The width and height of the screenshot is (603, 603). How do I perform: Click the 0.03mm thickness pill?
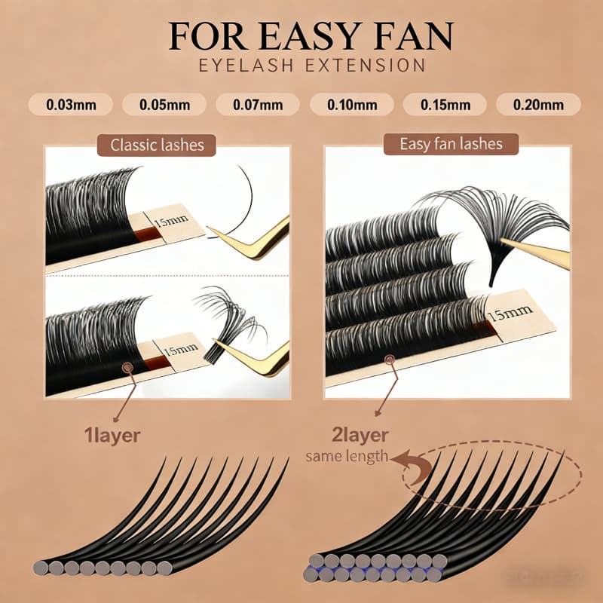(71, 104)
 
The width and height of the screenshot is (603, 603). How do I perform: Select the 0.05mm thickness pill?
(164, 104)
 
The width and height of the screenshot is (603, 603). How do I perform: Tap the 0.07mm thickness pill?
(258, 104)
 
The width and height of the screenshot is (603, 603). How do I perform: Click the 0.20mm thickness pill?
(537, 104)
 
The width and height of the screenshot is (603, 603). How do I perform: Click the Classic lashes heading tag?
(157, 144)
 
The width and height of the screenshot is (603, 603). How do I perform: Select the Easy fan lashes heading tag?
(451, 143)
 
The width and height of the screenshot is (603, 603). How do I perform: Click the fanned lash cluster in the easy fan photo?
(497, 219)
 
